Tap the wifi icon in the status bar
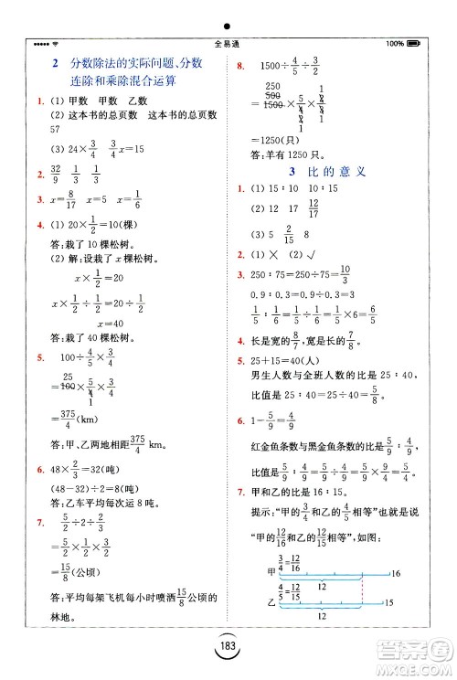pos(57,43)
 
